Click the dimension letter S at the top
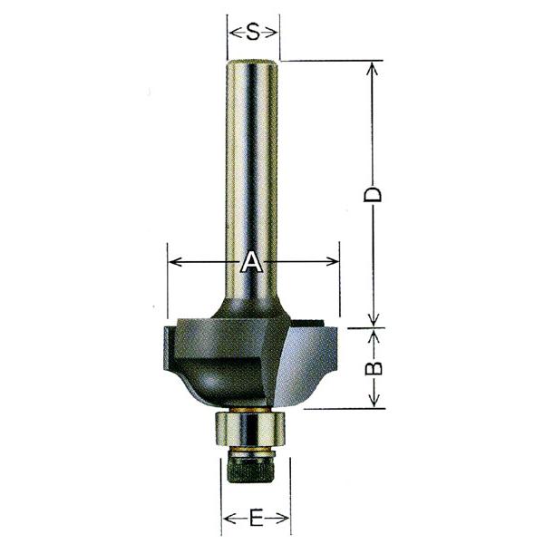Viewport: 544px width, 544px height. (x=253, y=33)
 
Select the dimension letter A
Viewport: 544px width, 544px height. (x=251, y=262)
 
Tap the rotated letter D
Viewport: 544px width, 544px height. (x=373, y=195)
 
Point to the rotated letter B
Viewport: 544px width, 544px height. (x=374, y=368)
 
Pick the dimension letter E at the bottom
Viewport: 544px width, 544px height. (x=256, y=519)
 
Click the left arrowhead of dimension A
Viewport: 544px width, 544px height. (x=175, y=262)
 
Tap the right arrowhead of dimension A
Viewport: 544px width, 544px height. (x=332, y=262)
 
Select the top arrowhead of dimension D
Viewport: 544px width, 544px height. (x=373, y=69)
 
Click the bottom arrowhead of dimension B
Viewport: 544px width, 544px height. (x=374, y=401)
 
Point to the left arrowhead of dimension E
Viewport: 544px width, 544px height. (x=229, y=519)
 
